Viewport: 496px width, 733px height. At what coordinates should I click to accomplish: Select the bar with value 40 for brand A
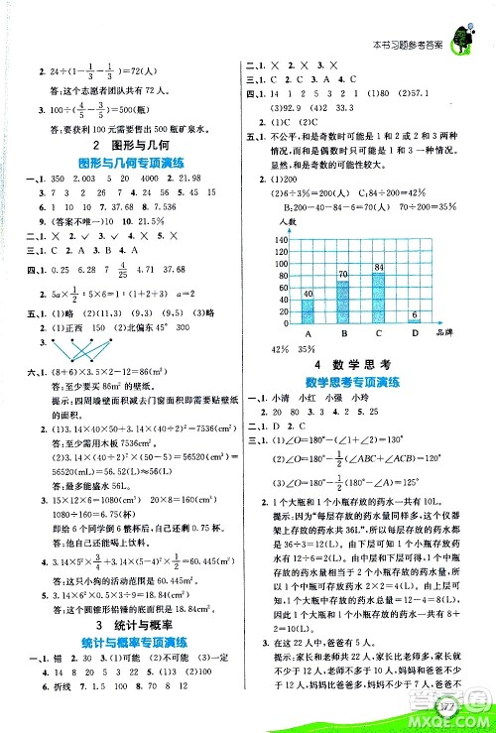click(x=308, y=309)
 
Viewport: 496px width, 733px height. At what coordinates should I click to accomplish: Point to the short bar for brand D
click(x=415, y=322)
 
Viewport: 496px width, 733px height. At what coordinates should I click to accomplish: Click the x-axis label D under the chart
click(x=414, y=334)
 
